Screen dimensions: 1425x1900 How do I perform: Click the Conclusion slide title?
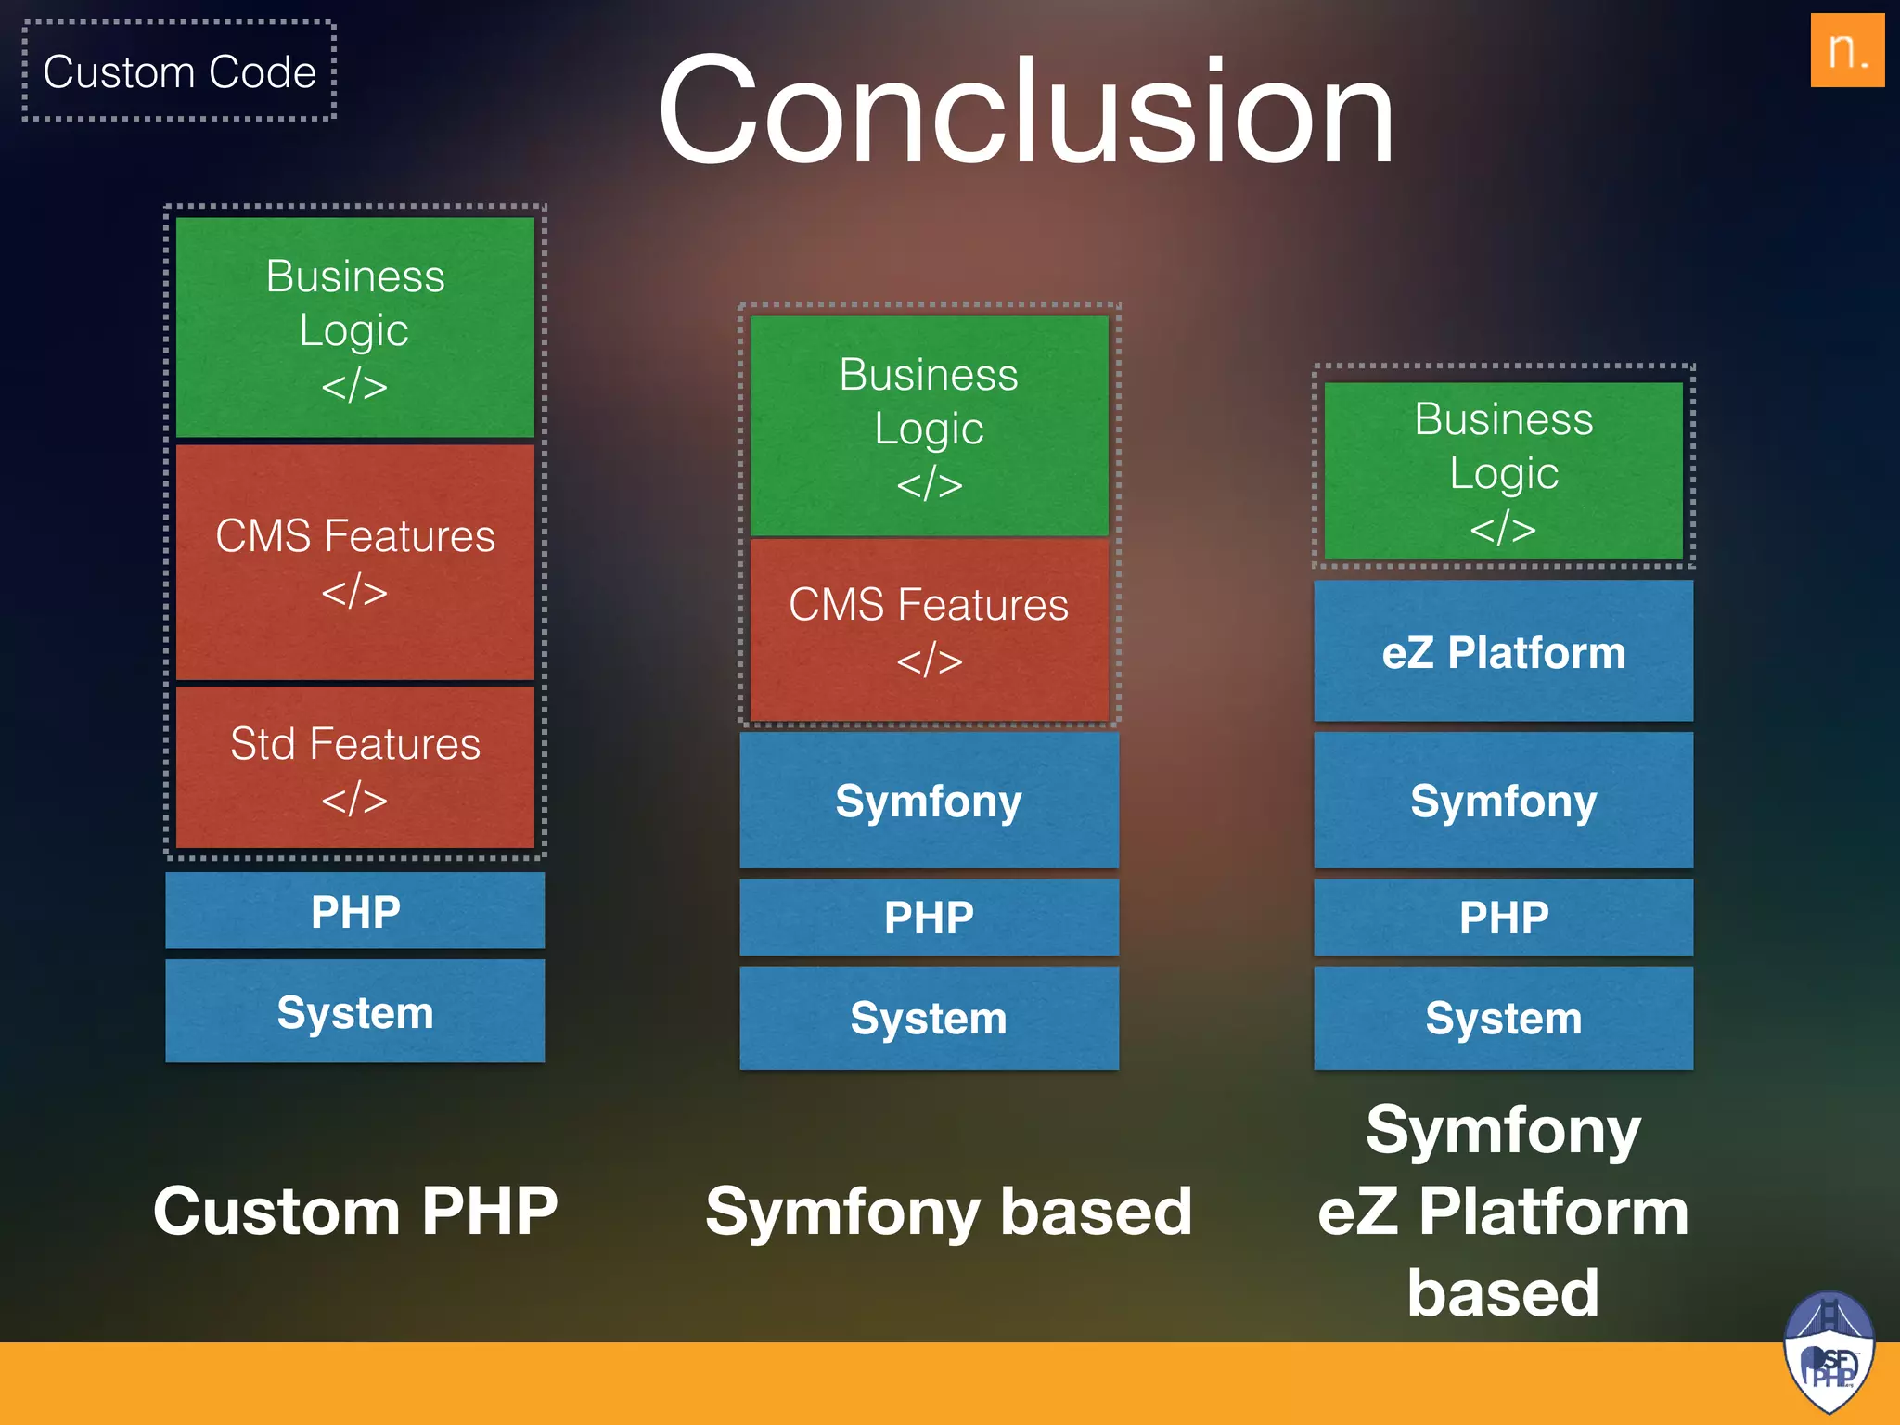tap(1026, 111)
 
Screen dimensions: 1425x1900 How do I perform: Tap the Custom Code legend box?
tap(179, 71)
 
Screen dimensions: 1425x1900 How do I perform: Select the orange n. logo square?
tap(1846, 50)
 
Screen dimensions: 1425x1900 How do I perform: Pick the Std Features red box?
tap(354, 767)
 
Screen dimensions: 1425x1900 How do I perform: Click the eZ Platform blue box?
tap(1503, 651)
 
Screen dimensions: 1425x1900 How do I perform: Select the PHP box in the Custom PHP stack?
tap(354, 911)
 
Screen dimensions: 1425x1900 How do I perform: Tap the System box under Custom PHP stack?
tap(354, 1011)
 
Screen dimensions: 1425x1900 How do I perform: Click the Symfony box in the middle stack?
tap(929, 801)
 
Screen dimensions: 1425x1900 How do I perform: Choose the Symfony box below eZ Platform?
tap(1503, 801)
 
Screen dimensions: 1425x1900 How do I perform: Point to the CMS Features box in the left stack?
tap(354, 561)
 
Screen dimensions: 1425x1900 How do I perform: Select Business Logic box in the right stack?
tap(1503, 471)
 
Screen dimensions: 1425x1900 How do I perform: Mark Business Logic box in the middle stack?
tap(929, 426)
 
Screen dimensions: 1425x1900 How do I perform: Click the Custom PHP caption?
tap(354, 1211)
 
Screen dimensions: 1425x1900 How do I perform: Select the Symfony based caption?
tap(948, 1211)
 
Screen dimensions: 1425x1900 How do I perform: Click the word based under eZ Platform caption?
tap(1503, 1292)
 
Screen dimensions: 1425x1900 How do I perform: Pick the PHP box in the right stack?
tap(1503, 918)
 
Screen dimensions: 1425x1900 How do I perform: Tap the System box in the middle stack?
tap(929, 1018)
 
